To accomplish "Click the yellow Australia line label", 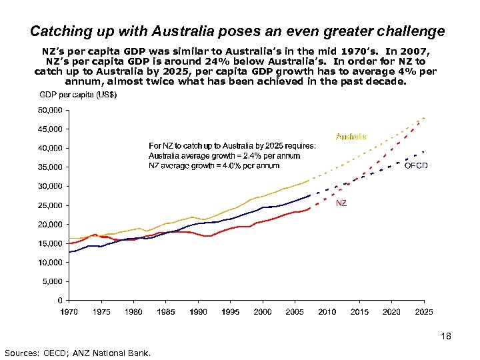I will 351,137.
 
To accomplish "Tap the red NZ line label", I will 341,203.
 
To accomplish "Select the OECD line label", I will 417,165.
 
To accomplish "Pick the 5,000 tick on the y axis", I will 51,282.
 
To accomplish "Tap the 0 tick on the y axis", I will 60,301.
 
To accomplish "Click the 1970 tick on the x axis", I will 69,311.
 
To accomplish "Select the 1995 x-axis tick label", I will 230,311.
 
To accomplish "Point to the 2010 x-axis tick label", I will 327,311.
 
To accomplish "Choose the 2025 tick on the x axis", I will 423,311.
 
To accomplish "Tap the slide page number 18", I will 446,337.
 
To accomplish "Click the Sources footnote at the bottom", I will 78,352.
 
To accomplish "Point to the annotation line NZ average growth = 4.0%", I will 214,165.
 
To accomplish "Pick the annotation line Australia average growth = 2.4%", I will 224,155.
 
